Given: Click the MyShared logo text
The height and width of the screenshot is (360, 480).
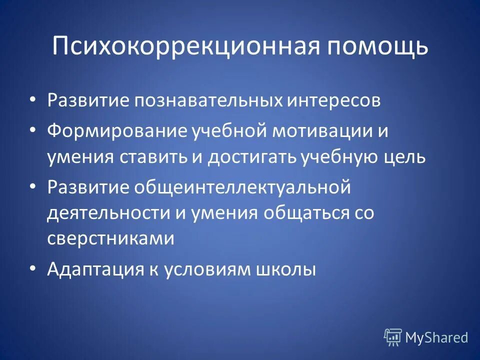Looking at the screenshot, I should [x=436, y=337].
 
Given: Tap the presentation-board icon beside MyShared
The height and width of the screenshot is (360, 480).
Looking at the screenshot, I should [x=393, y=337].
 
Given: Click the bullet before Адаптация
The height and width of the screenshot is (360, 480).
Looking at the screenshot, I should [x=32, y=268].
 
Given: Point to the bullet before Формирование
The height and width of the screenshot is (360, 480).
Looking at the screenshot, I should [x=32, y=130].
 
